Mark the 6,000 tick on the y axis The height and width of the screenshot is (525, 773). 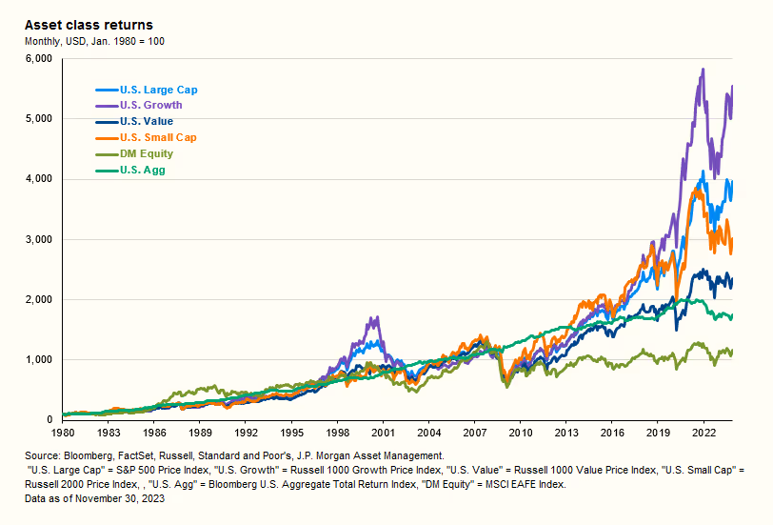click(x=39, y=58)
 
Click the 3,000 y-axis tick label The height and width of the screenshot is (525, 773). click(x=39, y=239)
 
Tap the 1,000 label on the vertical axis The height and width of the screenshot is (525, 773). click(x=39, y=359)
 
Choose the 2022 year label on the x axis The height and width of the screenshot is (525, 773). click(x=703, y=433)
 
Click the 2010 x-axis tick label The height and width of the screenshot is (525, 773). click(x=520, y=433)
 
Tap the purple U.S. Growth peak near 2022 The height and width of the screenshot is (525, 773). click(x=702, y=70)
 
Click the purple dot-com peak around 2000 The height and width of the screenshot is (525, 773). click(x=376, y=318)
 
